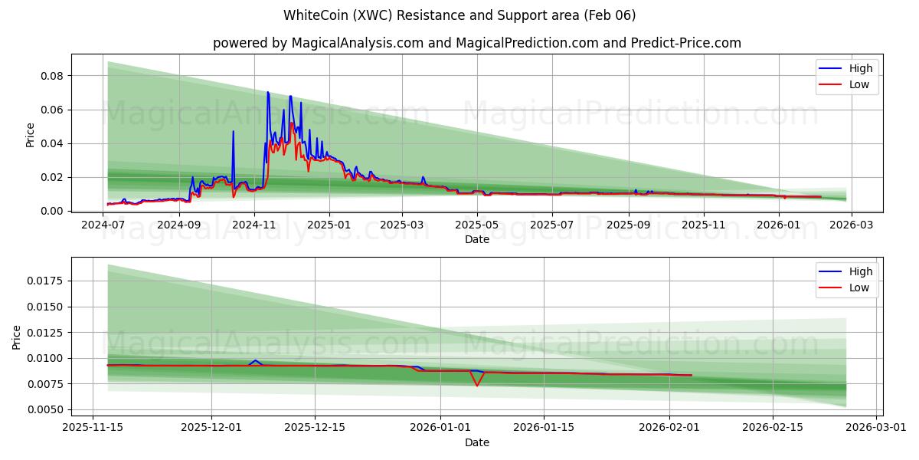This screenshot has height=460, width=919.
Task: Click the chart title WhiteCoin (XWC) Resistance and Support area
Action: [459, 15]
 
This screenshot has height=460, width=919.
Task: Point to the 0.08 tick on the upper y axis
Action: [51, 76]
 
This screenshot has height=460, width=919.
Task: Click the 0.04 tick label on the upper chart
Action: [51, 143]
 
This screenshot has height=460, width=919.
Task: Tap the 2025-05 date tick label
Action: [477, 225]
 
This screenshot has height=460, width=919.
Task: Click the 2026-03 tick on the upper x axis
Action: [852, 225]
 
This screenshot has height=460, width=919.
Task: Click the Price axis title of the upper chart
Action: [31, 134]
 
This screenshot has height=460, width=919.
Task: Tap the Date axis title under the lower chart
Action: [476, 442]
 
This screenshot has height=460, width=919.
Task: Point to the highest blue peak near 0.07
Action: [267, 93]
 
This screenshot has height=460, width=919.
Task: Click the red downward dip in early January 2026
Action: [476, 385]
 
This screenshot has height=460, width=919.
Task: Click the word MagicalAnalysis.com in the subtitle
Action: [358, 43]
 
